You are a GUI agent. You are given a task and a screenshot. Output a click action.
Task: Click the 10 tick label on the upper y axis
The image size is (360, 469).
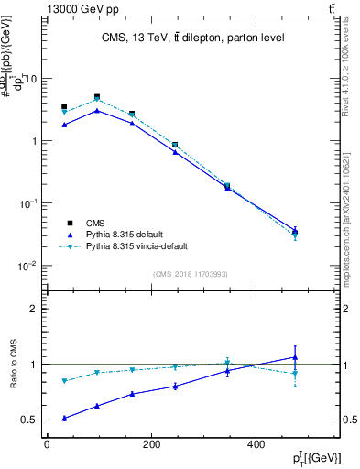click(x=30, y=79)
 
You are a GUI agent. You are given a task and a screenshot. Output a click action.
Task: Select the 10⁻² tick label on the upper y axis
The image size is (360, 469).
click(x=28, y=267)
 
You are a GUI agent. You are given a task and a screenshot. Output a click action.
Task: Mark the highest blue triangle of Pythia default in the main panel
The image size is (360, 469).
click(x=97, y=110)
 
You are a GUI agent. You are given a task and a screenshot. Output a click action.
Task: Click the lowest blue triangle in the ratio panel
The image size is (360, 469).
click(x=63, y=418)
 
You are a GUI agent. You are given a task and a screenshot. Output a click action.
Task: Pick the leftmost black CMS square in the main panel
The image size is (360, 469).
click(x=63, y=106)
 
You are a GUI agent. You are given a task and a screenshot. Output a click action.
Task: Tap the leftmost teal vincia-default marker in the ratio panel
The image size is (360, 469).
click(x=63, y=381)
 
